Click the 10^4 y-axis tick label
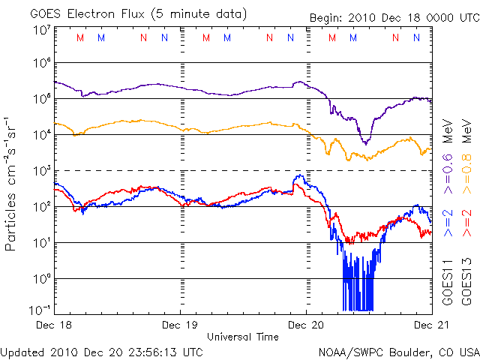[x=41, y=134]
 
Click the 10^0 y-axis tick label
[x=41, y=278]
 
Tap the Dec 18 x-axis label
[x=54, y=325]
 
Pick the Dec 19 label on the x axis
[x=180, y=325]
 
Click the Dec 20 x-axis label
[x=306, y=325]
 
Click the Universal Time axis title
[x=243, y=337]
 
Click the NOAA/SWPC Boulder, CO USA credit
[x=398, y=351]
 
